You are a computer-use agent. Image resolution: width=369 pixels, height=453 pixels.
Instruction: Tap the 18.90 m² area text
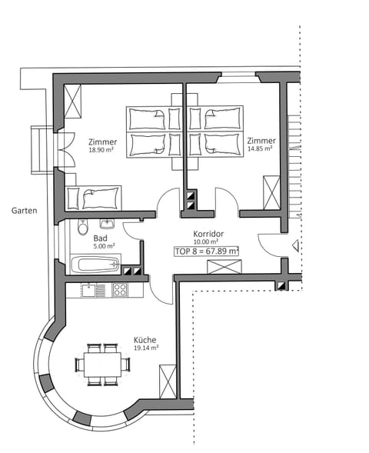pyautogui.click(x=101, y=152)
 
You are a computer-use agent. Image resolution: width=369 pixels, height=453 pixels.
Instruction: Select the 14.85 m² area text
pyautogui.click(x=261, y=151)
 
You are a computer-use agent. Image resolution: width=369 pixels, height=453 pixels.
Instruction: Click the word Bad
pyautogui.click(x=100, y=238)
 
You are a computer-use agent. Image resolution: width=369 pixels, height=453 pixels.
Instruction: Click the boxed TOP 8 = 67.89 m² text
pyautogui.click(x=206, y=251)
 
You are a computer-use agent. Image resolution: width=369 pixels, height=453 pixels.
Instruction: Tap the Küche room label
pyautogui.click(x=145, y=338)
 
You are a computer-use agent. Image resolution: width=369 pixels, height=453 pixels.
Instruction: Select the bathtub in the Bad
pyautogui.click(x=95, y=265)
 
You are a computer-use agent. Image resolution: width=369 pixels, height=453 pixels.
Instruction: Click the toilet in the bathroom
pyautogui.click(x=83, y=226)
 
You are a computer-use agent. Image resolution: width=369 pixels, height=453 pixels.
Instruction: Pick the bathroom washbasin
pyautogui.click(x=107, y=224)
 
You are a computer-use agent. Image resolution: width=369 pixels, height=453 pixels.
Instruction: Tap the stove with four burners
pyautogui.click(x=120, y=290)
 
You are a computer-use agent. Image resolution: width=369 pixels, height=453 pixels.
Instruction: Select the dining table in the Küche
pyautogui.click(x=102, y=362)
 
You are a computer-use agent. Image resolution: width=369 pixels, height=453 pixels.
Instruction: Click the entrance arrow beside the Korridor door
pyautogui.click(x=295, y=246)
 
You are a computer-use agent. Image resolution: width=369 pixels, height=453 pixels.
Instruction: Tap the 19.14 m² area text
pyautogui.click(x=145, y=348)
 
